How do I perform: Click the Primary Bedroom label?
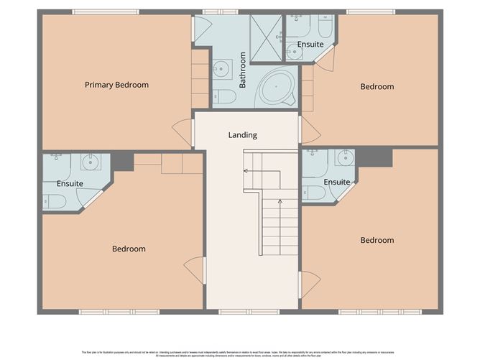pos(116,85)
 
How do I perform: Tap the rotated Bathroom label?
pos(243,70)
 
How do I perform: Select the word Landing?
pos(242,135)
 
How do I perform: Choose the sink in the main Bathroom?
pos(221,69)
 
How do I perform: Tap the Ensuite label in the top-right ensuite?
pos(310,45)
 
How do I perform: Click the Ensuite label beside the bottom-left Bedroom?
pos(70,184)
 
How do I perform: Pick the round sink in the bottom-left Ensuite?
pos(90,162)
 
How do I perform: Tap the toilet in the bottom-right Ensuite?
pos(314,193)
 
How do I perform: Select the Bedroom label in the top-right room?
pos(377,87)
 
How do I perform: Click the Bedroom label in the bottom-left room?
pos(129,249)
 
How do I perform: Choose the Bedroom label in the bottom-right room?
pos(377,241)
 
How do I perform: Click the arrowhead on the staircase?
pos(246,171)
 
